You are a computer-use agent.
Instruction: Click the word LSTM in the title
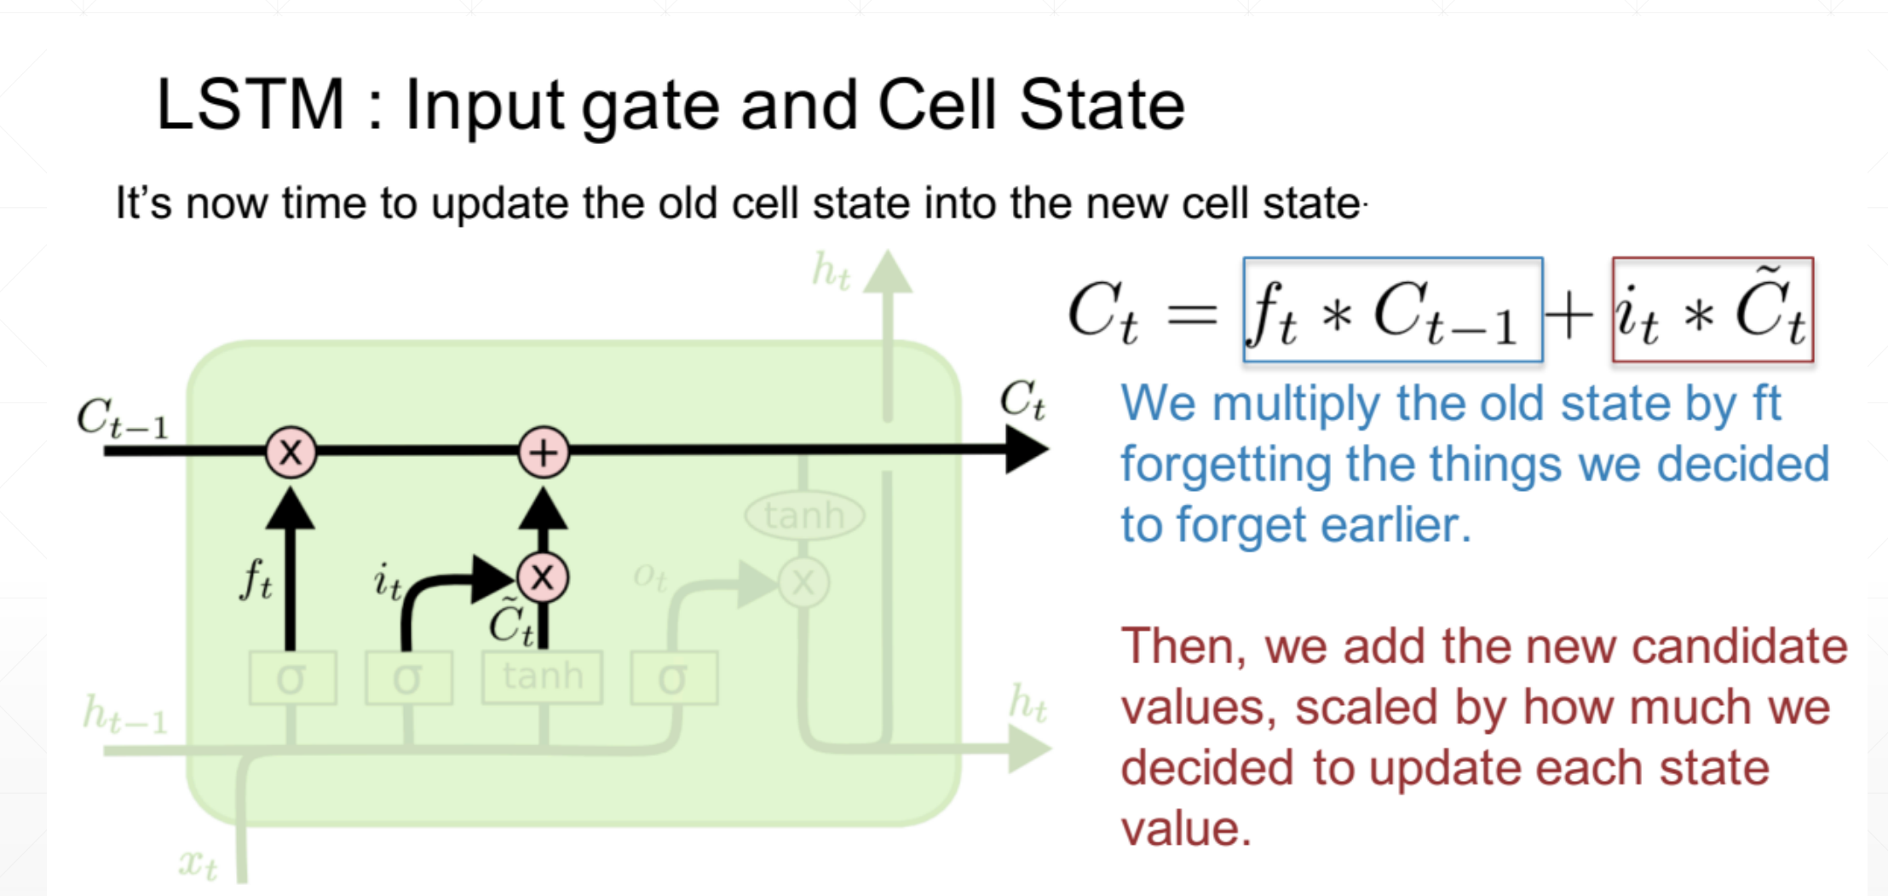(x=250, y=106)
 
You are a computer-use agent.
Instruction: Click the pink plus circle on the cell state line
(x=544, y=452)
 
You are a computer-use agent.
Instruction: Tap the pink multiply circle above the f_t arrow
(x=291, y=452)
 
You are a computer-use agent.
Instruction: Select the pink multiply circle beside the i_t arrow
(x=543, y=578)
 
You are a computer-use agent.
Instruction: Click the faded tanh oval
(x=803, y=515)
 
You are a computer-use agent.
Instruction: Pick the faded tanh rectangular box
(x=542, y=677)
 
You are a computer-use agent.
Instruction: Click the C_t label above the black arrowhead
(x=1022, y=400)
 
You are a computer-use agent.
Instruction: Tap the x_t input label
(x=198, y=864)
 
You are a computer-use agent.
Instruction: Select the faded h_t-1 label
(x=124, y=714)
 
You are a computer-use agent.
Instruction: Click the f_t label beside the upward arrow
(x=256, y=580)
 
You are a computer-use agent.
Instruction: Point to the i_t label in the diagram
(x=388, y=583)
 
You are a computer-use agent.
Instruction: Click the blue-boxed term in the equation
(x=1392, y=310)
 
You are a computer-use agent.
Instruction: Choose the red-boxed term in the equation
(x=1712, y=310)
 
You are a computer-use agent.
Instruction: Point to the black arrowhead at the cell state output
(x=1026, y=449)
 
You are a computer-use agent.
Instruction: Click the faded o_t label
(x=649, y=578)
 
